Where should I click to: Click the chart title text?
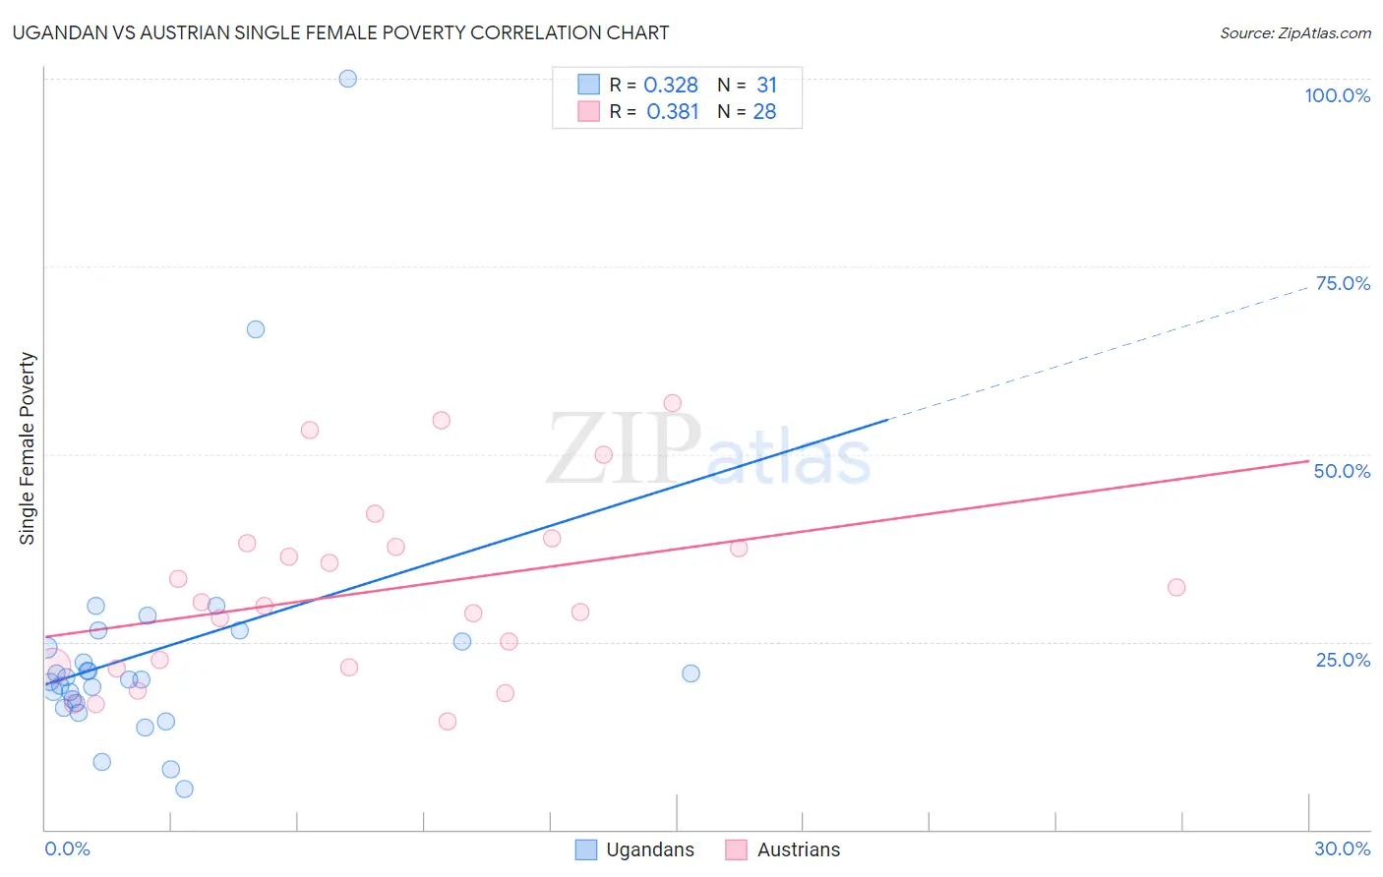(x=340, y=32)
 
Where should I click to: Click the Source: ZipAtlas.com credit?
(x=1294, y=32)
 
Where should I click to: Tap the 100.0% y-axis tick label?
(x=1337, y=95)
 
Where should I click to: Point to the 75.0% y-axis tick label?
(x=1343, y=283)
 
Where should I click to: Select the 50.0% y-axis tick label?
(x=1342, y=471)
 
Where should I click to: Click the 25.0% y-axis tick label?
(x=1343, y=659)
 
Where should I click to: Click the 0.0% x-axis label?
(x=67, y=848)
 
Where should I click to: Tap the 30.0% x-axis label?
(x=1342, y=848)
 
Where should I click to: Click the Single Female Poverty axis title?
(x=28, y=448)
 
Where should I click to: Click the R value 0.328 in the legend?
(x=671, y=86)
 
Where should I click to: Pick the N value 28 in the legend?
(x=764, y=112)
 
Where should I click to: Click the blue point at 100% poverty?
(x=348, y=79)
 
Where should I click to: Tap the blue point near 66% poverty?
(x=256, y=329)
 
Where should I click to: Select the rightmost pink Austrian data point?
(x=1176, y=587)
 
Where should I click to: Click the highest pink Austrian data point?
(x=673, y=403)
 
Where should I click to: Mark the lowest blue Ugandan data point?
(x=184, y=789)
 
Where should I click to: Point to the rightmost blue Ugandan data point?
(x=691, y=673)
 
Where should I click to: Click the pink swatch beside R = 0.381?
(x=588, y=112)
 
